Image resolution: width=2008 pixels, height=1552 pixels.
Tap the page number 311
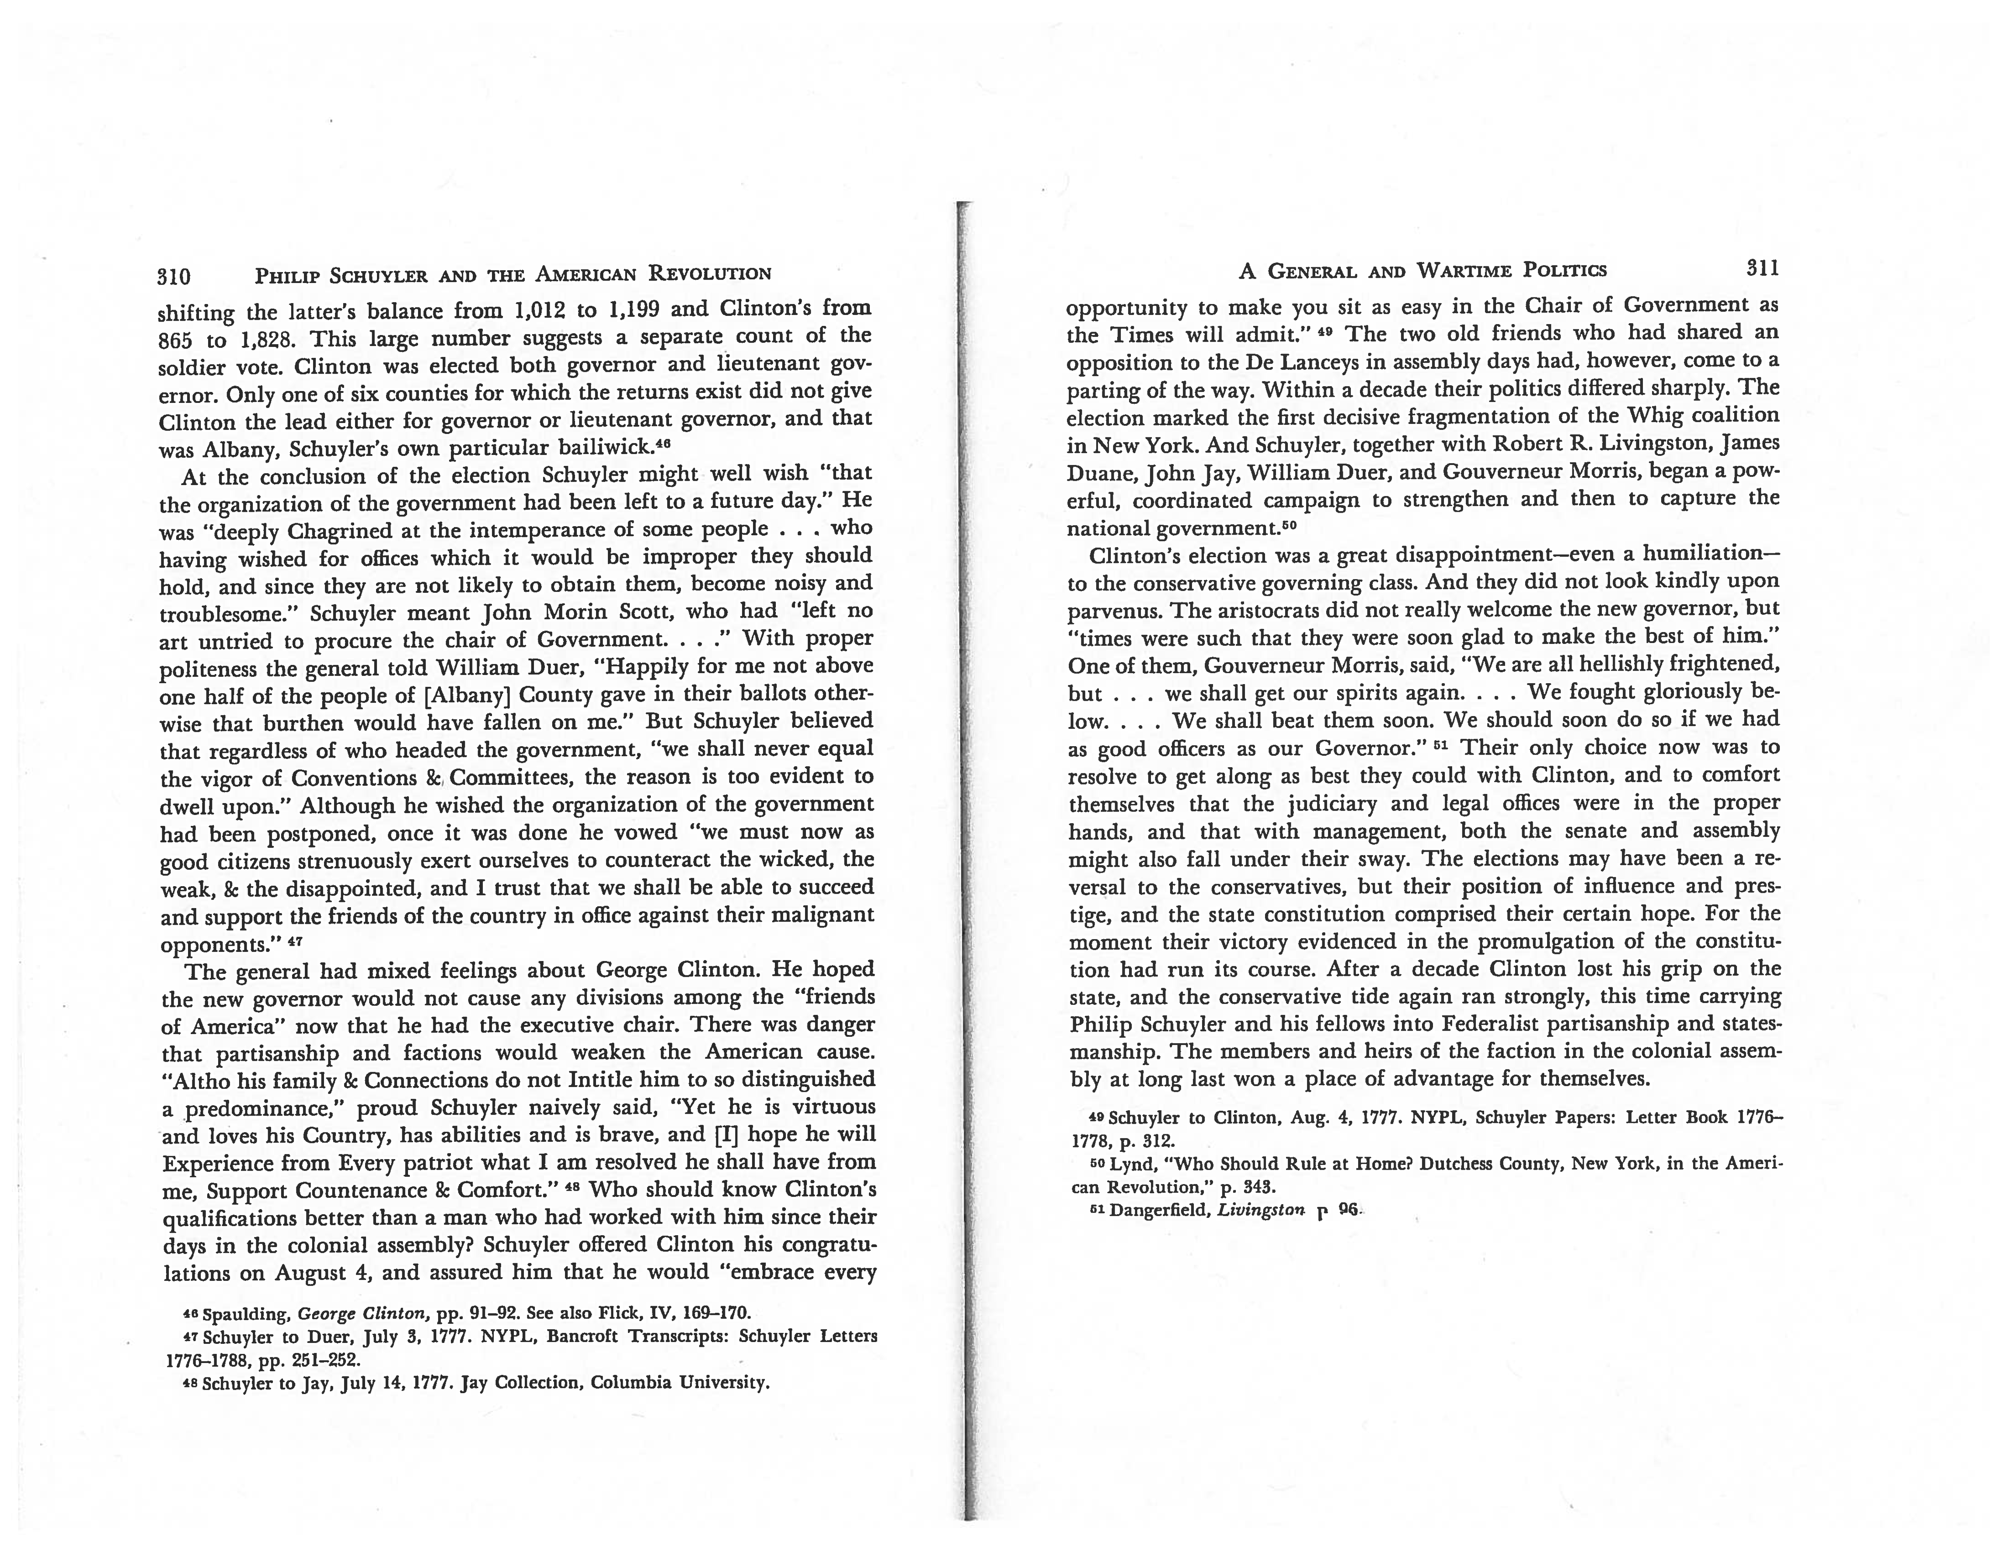tap(1762, 268)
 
